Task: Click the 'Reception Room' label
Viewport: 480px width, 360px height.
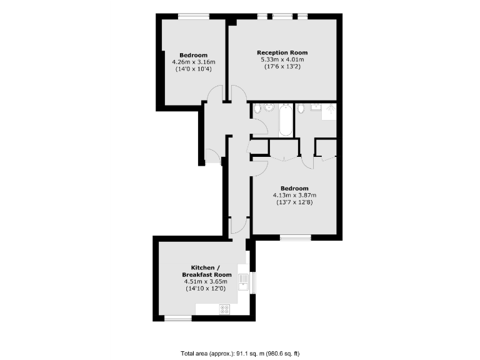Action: [282, 52]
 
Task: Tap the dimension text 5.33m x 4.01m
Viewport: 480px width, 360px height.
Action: [282, 60]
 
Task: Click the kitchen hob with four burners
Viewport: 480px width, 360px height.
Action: [225, 309]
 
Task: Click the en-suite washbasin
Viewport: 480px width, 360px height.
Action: [314, 107]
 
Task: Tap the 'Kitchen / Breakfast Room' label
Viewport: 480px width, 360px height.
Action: [206, 271]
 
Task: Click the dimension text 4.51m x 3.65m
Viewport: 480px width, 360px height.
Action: [206, 282]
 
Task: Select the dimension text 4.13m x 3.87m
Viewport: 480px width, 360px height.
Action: [294, 195]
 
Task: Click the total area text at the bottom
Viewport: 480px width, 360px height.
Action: [240, 352]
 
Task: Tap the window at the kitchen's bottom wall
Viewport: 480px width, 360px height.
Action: [177, 318]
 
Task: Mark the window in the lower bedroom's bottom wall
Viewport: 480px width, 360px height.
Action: [295, 237]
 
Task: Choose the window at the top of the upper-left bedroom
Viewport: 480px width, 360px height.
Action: [192, 16]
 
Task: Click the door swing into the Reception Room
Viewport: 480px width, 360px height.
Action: [239, 94]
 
